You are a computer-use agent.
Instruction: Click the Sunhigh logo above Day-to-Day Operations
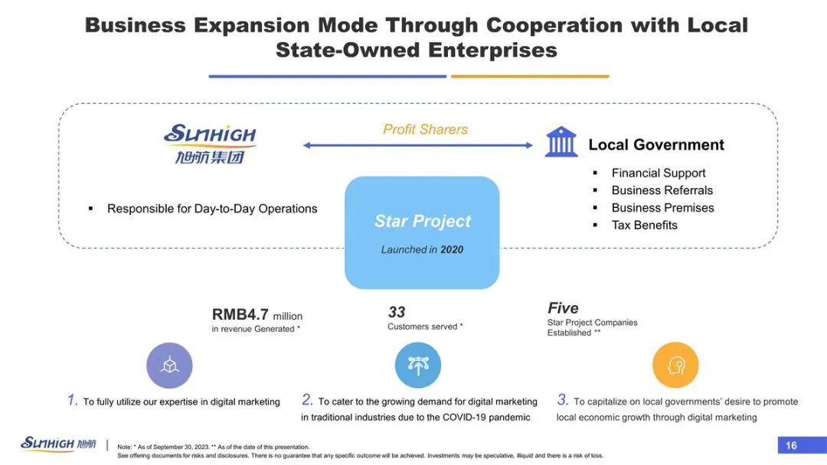pos(210,144)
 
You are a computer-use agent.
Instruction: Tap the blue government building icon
pos(561,141)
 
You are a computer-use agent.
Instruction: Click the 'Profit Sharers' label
pos(425,129)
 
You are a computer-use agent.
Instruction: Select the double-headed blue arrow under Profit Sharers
pos(418,145)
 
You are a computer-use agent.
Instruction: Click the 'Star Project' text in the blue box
pos(423,221)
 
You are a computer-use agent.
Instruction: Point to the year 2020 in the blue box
pos(452,249)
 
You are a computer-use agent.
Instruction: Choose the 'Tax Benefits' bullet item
pos(645,225)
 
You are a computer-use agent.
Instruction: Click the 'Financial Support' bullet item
pos(659,173)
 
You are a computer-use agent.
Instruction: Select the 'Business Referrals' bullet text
pos(662,190)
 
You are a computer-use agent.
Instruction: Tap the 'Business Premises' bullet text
pos(662,207)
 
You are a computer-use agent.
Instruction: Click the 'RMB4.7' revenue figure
pos(240,314)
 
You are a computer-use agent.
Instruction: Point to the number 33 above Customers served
pos(397,312)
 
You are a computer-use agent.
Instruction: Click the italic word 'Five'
pos(563,308)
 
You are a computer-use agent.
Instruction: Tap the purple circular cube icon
pos(169,366)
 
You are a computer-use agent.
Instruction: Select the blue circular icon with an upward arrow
pos(418,365)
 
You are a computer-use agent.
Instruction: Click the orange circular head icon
pos(675,365)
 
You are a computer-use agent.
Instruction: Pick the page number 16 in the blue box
pos(791,446)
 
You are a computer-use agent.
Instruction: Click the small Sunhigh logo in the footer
pos(58,444)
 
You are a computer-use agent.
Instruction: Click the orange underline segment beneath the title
pos(530,76)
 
